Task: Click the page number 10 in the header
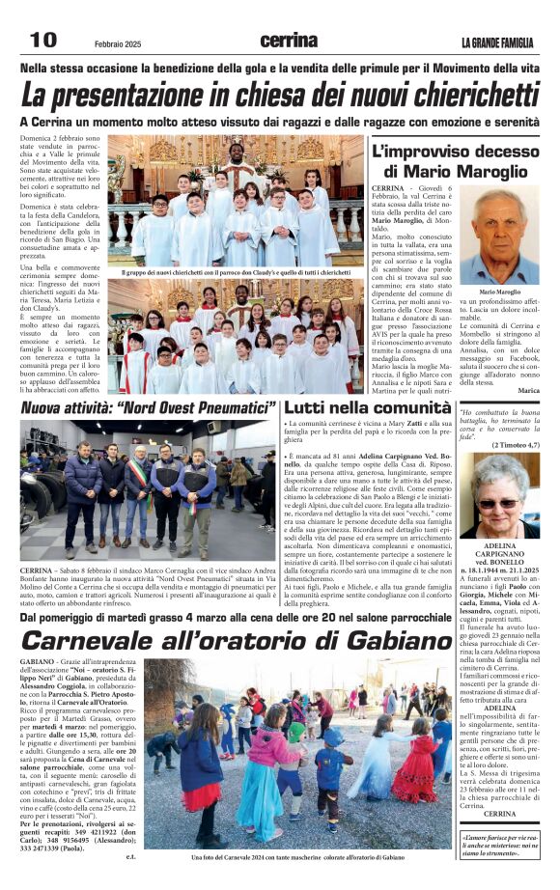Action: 42,40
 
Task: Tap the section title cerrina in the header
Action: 289,41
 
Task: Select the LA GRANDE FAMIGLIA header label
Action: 496,42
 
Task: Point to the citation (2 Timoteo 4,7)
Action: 508,444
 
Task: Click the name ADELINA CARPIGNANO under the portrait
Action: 499,550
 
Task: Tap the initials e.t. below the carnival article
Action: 130,855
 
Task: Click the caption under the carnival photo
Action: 295,856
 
